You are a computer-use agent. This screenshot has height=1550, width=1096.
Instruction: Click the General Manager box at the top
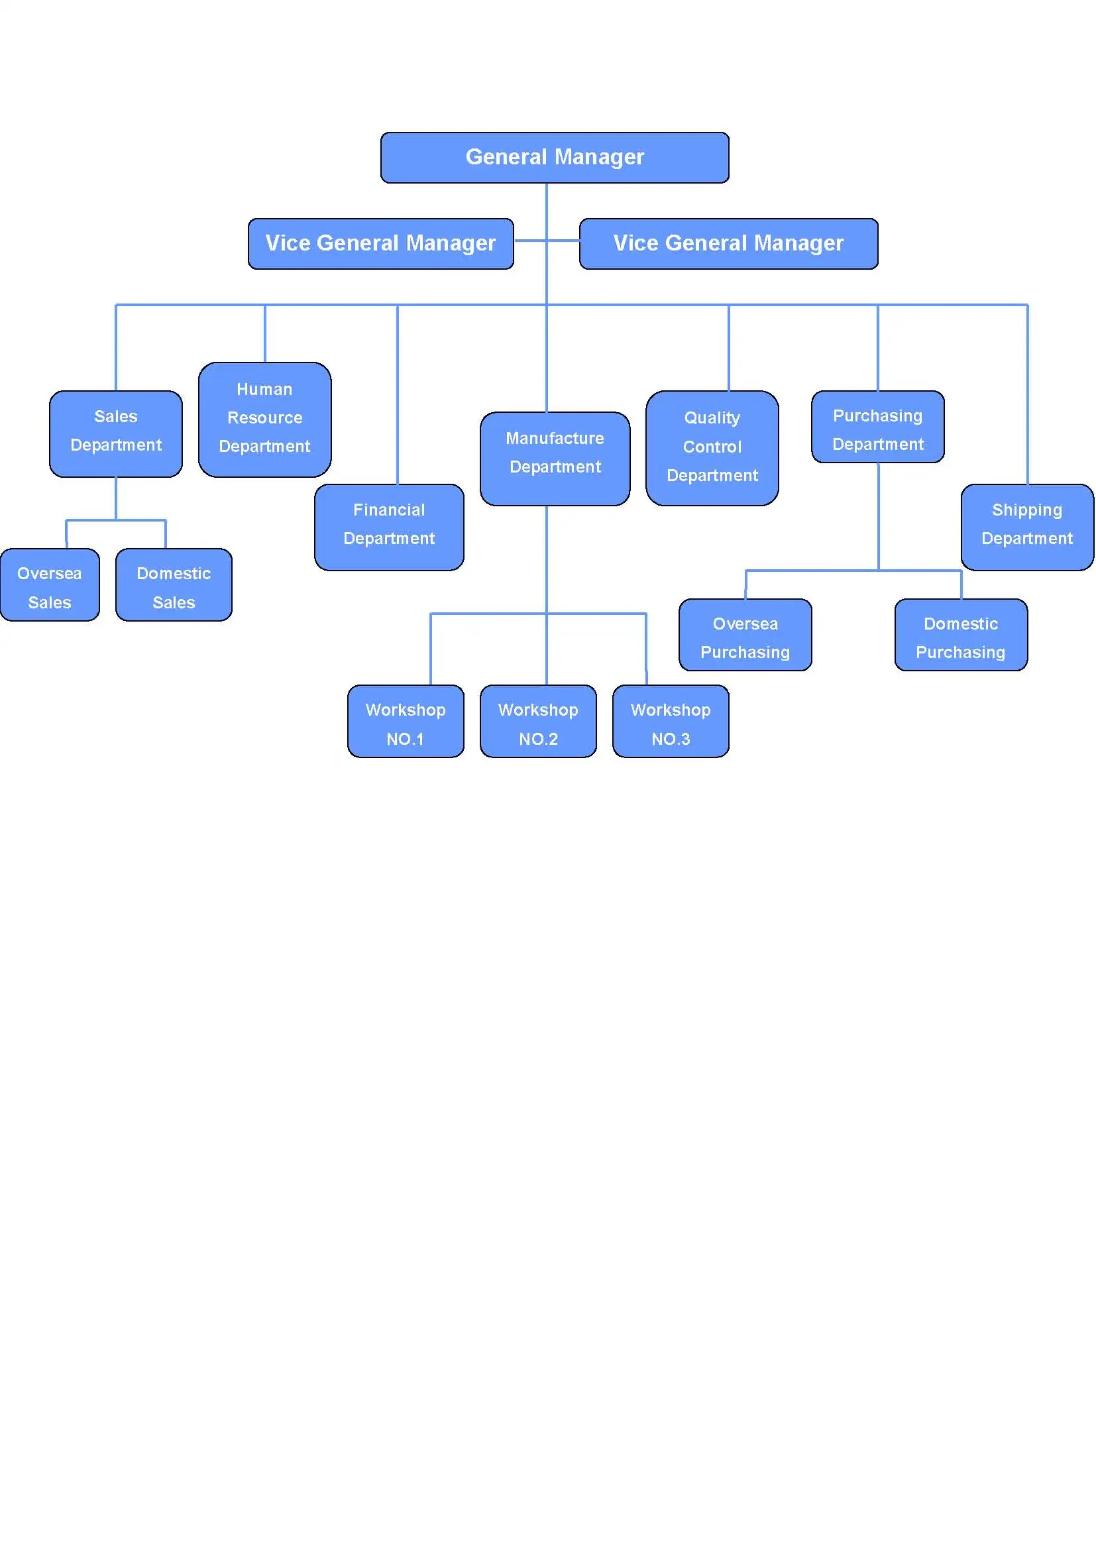(x=554, y=157)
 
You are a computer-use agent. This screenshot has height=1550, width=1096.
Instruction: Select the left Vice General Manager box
(x=380, y=243)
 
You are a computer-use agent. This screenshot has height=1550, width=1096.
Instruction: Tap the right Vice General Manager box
(x=728, y=243)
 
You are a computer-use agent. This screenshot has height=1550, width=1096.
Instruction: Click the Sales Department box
(x=116, y=433)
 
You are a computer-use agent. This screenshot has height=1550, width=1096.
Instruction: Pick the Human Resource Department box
(x=264, y=419)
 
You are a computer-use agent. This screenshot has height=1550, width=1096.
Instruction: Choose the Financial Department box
(x=389, y=527)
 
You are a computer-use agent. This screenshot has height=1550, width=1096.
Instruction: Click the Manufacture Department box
(x=555, y=458)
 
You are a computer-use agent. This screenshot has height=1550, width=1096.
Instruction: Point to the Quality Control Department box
(x=712, y=447)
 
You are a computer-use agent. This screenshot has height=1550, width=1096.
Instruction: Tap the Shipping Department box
(x=1026, y=527)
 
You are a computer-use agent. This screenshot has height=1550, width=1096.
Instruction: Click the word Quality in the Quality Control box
(x=712, y=418)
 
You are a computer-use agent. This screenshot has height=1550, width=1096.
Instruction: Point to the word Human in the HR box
(x=264, y=390)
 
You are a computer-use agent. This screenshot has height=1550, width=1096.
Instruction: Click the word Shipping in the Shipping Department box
(x=1026, y=510)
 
